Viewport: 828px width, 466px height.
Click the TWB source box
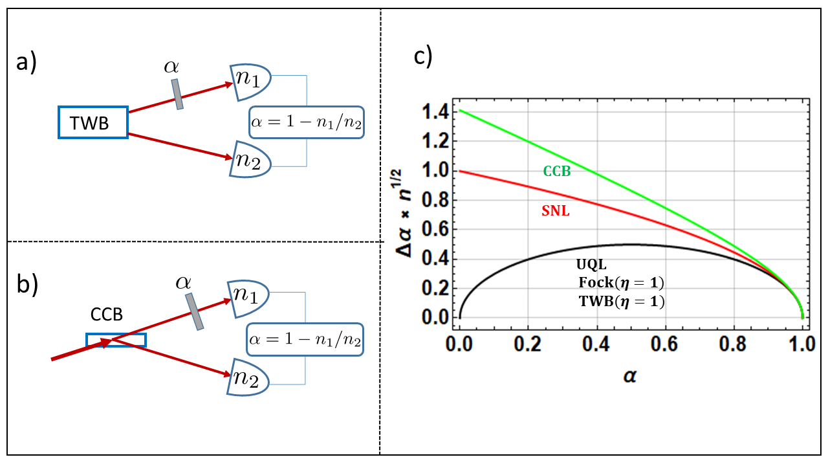pos(93,122)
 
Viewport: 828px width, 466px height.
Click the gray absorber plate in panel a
pos(177,94)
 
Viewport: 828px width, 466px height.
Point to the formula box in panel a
pos(307,122)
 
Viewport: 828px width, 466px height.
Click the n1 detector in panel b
pos(249,299)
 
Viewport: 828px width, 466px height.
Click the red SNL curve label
pos(555,211)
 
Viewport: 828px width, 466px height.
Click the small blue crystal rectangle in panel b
pos(116,340)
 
